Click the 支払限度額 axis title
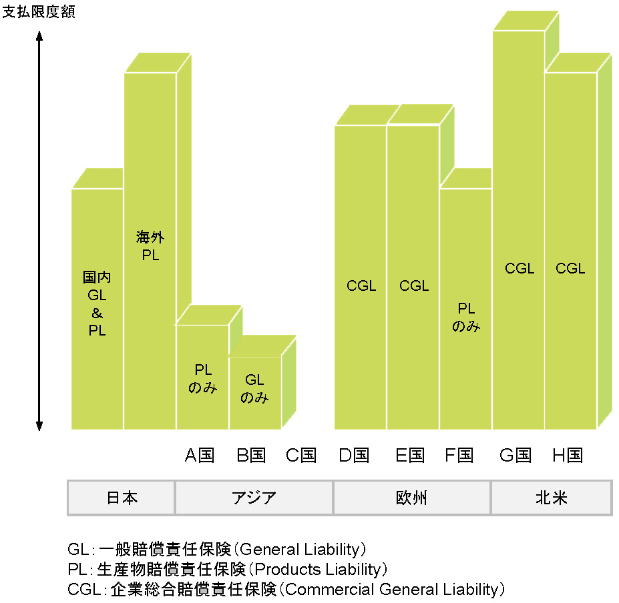coord(39,12)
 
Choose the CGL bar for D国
coord(361,286)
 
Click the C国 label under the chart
coord(301,456)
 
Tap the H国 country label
coord(568,456)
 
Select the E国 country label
coord(410,456)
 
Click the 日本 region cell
coord(122,498)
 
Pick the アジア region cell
coord(254,498)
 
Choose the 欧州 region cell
coord(412,498)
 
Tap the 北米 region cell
coord(551,498)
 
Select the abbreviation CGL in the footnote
coord(81,590)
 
